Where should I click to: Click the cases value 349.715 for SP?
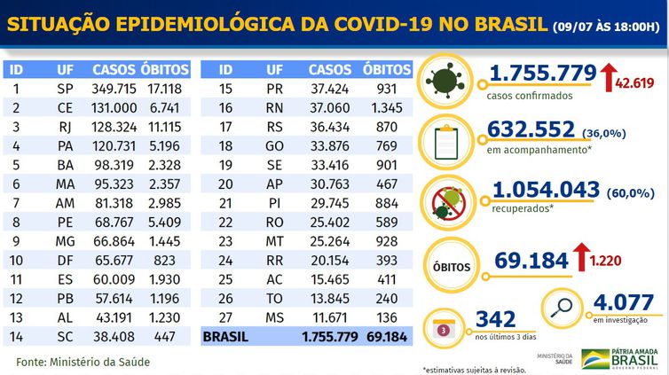click(x=113, y=89)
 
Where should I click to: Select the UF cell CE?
click(x=65, y=107)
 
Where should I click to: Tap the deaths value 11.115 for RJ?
click(x=166, y=127)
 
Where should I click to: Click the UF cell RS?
click(x=275, y=127)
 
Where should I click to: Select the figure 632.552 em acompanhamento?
click(x=530, y=131)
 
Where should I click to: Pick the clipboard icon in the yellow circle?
click(x=446, y=137)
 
